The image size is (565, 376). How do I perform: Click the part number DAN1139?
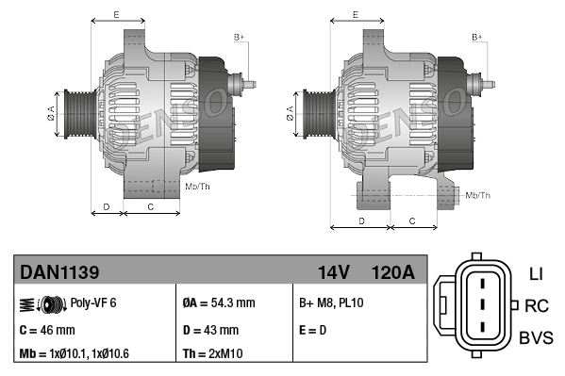pyautogui.click(x=59, y=272)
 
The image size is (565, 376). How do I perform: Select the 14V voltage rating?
pyautogui.click(x=333, y=272)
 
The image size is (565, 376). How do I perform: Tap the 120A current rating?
pyautogui.click(x=393, y=272)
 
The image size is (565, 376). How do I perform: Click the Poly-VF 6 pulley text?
pyautogui.click(x=92, y=303)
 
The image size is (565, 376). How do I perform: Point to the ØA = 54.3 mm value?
pyautogui.click(x=218, y=303)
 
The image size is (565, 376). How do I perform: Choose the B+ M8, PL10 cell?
pyautogui.click(x=331, y=303)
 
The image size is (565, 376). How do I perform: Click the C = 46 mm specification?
pyautogui.click(x=47, y=330)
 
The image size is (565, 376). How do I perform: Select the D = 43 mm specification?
pyautogui.click(x=211, y=330)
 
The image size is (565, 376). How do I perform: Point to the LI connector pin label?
pyautogui.click(x=536, y=274)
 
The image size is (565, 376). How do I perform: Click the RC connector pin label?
pyautogui.click(x=537, y=305)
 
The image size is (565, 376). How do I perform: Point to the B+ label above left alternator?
pyautogui.click(x=239, y=36)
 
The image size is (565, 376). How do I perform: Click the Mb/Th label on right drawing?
pyautogui.click(x=478, y=195)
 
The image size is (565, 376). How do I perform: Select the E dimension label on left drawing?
pyautogui.click(x=115, y=13)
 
